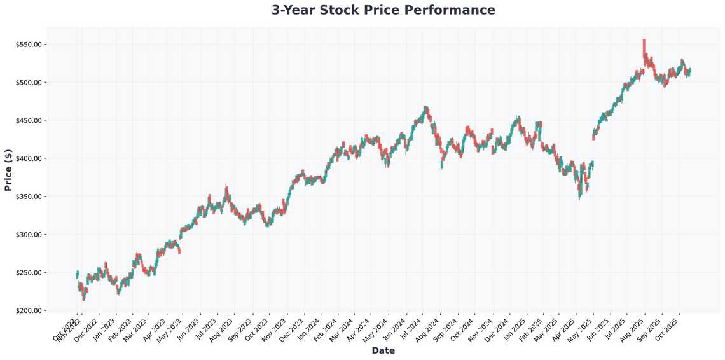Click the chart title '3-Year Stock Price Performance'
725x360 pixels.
click(x=383, y=10)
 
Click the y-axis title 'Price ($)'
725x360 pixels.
click(x=8, y=170)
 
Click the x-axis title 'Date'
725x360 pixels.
click(x=383, y=350)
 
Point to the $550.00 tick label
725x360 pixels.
click(x=29, y=45)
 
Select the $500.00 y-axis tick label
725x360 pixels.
click(x=29, y=83)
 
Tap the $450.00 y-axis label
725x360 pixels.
click(x=29, y=121)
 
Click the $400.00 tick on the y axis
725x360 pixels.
click(x=29, y=158)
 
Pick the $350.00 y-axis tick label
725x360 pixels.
click(x=29, y=197)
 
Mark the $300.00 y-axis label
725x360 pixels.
click(x=29, y=235)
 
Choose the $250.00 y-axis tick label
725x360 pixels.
click(x=29, y=273)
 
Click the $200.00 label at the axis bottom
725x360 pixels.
click(x=29, y=310)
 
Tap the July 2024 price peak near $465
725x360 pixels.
click(x=425, y=109)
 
